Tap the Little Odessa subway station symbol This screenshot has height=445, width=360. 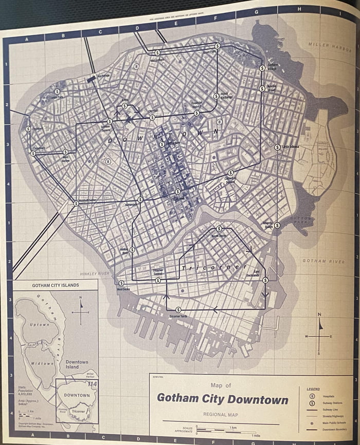277,147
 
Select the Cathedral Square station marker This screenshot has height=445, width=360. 230,172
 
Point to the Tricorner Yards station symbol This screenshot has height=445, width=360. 178,310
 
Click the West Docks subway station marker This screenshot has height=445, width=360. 121,283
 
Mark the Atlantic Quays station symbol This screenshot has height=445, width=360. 277,225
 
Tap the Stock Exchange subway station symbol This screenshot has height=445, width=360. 215,96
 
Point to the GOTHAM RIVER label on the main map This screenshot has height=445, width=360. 323,261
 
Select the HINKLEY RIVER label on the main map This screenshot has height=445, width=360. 95,274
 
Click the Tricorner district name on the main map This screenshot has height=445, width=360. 210,268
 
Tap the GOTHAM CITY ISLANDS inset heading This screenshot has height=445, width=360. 55,285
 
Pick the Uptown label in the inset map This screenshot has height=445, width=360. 39,325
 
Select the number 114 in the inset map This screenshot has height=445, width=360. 92,384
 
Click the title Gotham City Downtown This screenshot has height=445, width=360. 222,399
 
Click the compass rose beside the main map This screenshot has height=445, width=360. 319,335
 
